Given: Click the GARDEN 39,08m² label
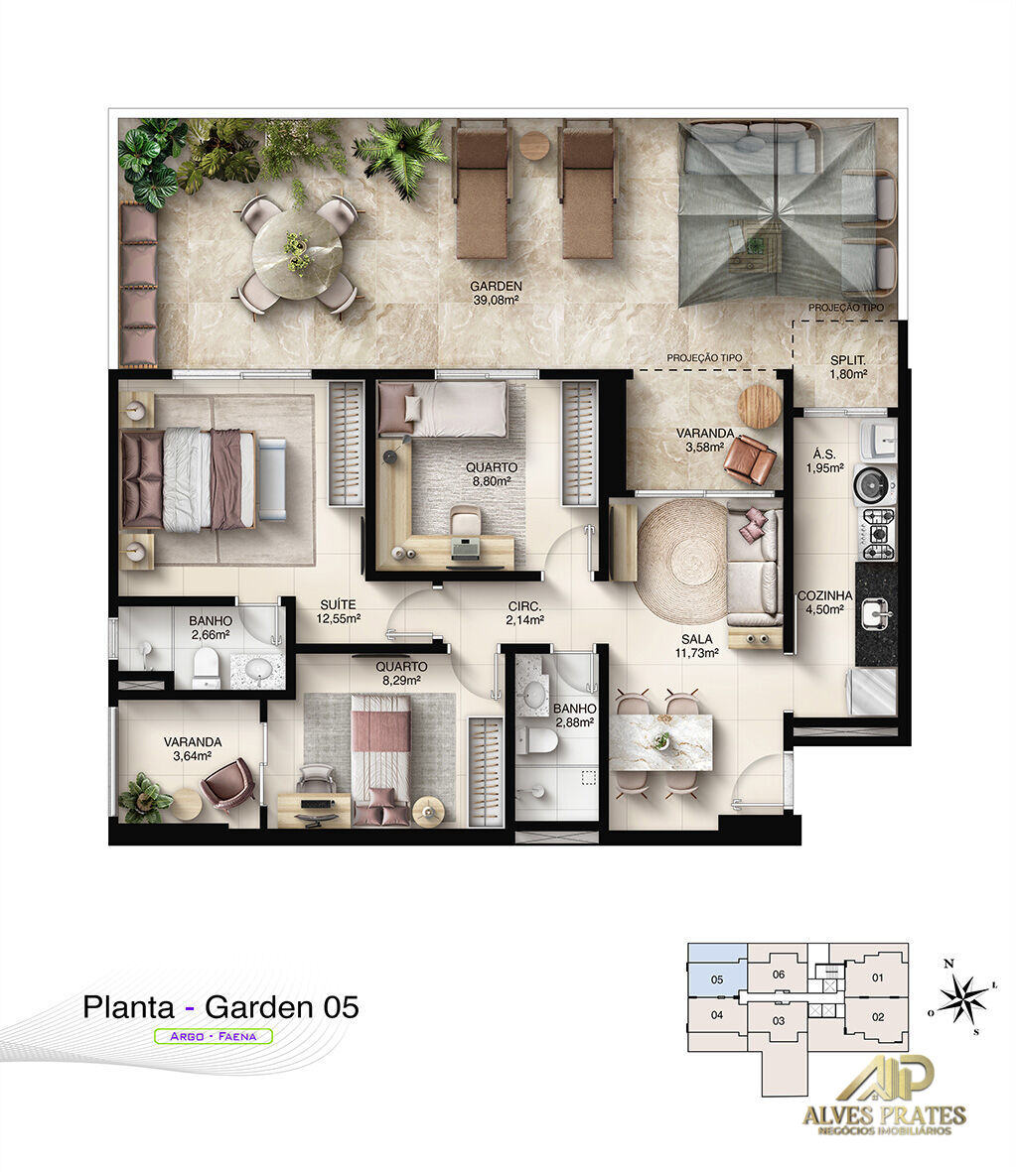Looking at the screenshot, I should click(496, 294).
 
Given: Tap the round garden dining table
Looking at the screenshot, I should click(298, 254).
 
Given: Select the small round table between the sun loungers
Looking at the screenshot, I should click(534, 145).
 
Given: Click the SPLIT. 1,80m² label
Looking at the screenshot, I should click(848, 367).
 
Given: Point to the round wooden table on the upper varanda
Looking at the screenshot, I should click(761, 405).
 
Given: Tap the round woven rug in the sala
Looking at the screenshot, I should click(682, 561).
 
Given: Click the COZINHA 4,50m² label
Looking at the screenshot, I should click(824, 603).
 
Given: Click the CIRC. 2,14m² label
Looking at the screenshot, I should click(525, 613).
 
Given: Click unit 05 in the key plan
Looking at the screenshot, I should click(716, 979).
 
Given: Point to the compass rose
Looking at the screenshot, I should click(961, 998).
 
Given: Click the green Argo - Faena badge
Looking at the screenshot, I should click(214, 1036).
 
